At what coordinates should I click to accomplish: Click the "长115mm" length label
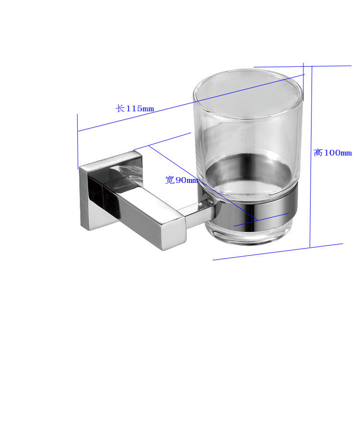tap(135, 108)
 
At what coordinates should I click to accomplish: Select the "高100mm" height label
tap(333, 153)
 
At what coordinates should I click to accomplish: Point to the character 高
tap(318, 153)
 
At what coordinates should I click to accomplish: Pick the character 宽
tap(169, 180)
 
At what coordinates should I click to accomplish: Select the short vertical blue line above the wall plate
tap(78, 142)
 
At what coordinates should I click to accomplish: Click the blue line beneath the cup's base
tap(278, 252)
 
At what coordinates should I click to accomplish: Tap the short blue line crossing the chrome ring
tap(262, 219)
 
